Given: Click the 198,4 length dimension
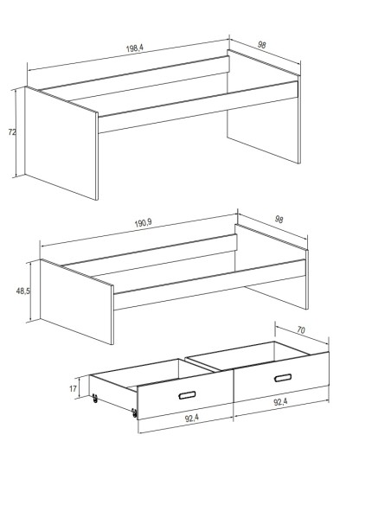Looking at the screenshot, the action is pyautogui.click(x=135, y=48).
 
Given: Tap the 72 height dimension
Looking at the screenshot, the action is pyautogui.click(x=12, y=132).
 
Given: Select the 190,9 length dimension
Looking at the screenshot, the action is pyautogui.click(x=143, y=223).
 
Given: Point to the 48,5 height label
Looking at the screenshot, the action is pyautogui.click(x=23, y=291).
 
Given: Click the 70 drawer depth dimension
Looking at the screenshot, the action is pyautogui.click(x=301, y=330).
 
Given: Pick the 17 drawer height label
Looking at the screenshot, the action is pyautogui.click(x=74, y=389).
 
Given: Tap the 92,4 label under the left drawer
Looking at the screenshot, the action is pyautogui.click(x=192, y=418).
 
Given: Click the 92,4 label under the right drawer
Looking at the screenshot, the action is pyautogui.click(x=280, y=401).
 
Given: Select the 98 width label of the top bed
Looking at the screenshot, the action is pyautogui.click(x=262, y=45).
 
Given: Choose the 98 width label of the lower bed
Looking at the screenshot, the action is pyautogui.click(x=279, y=220).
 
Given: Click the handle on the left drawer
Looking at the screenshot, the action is pyautogui.click(x=187, y=395).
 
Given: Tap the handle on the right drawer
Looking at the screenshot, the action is pyautogui.click(x=283, y=378).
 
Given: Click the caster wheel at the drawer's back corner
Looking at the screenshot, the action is pyautogui.click(x=94, y=399).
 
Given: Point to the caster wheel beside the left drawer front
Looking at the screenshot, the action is pyautogui.click(x=134, y=412).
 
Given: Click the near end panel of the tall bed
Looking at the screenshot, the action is pyautogui.click(x=61, y=144).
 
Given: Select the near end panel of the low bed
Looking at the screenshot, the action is pyautogui.click(x=77, y=302).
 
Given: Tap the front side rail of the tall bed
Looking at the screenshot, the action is pyautogui.click(x=198, y=107).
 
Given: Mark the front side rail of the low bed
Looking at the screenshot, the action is pyautogui.click(x=209, y=284).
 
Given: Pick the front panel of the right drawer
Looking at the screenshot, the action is pyautogui.click(x=281, y=377).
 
